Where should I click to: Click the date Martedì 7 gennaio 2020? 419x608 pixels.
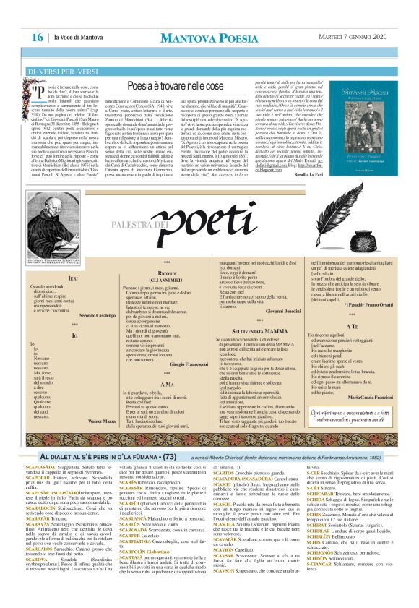354,37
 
